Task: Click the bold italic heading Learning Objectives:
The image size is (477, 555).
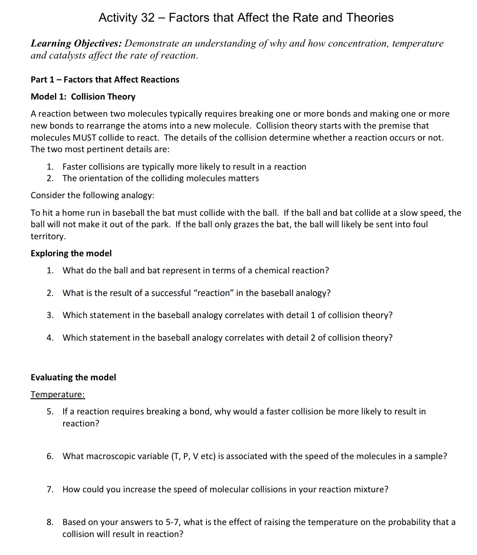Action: [x=76, y=44]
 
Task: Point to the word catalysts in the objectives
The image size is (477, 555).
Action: [x=64, y=56]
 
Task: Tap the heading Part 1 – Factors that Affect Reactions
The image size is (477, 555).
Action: [x=105, y=80]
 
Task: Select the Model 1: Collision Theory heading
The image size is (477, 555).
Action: [x=83, y=97]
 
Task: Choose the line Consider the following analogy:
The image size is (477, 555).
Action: [x=92, y=195]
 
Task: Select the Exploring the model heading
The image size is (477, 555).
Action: [x=71, y=254]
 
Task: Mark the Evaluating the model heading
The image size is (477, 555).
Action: [x=73, y=378]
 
